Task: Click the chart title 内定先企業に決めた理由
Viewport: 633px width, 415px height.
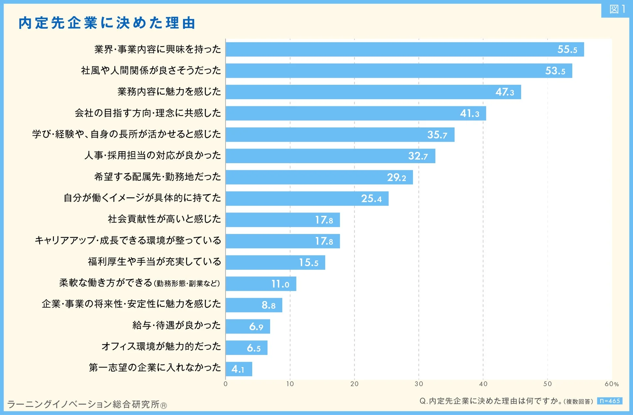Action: tap(107, 23)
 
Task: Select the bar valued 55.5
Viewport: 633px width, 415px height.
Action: tap(404, 49)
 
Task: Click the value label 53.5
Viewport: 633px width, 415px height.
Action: tap(555, 71)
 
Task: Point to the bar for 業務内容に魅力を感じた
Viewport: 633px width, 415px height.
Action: tap(373, 92)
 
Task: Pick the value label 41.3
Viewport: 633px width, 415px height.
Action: tap(469, 114)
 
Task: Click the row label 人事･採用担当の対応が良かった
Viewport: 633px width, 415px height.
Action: tap(153, 155)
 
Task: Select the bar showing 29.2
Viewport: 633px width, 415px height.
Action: tap(319, 177)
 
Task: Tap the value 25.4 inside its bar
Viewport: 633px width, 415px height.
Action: tap(371, 199)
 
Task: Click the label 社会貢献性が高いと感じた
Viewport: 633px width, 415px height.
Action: tap(164, 219)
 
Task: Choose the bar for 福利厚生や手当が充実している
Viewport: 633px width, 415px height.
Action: tap(275, 262)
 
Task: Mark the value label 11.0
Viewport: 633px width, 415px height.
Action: tap(280, 284)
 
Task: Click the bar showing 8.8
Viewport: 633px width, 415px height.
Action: tap(254, 305)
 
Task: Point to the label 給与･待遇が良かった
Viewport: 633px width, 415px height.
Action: tap(176, 325)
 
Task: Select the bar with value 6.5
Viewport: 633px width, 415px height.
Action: tap(246, 348)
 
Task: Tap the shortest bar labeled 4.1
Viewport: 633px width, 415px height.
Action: tap(239, 369)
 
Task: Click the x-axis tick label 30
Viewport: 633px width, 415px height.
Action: tap(418, 384)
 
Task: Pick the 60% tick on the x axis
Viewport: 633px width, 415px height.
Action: tap(611, 384)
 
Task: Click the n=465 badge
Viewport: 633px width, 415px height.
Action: tap(609, 401)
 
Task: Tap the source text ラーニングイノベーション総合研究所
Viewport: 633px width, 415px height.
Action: tap(87, 404)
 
